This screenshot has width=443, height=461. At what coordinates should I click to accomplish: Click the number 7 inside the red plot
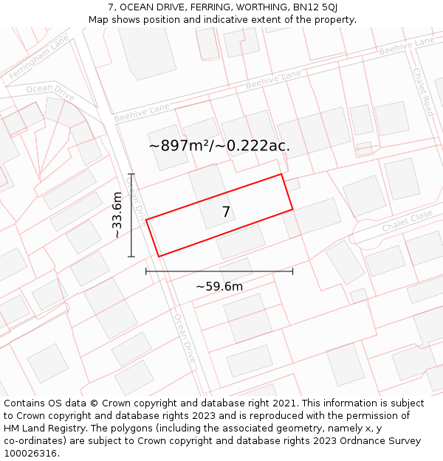(x=226, y=212)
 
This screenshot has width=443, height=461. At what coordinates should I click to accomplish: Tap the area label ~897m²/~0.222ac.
(x=219, y=146)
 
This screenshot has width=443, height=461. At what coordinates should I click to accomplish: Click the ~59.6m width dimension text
(x=219, y=286)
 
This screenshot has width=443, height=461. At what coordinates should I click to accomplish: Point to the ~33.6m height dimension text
(x=117, y=215)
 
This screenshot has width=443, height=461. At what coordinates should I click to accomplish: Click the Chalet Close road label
(x=407, y=221)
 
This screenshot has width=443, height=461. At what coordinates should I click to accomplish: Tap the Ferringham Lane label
(x=38, y=57)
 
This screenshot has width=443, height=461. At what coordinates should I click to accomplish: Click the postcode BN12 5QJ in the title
(x=315, y=7)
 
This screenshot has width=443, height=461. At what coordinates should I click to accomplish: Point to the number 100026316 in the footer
(x=30, y=454)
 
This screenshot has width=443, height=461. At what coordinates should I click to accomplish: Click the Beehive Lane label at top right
(x=407, y=46)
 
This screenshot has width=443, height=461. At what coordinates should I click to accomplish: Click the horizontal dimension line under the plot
(x=219, y=271)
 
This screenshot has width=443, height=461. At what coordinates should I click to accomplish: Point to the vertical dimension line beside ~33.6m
(x=131, y=215)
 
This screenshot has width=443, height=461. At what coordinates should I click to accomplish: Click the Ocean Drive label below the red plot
(x=185, y=339)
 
